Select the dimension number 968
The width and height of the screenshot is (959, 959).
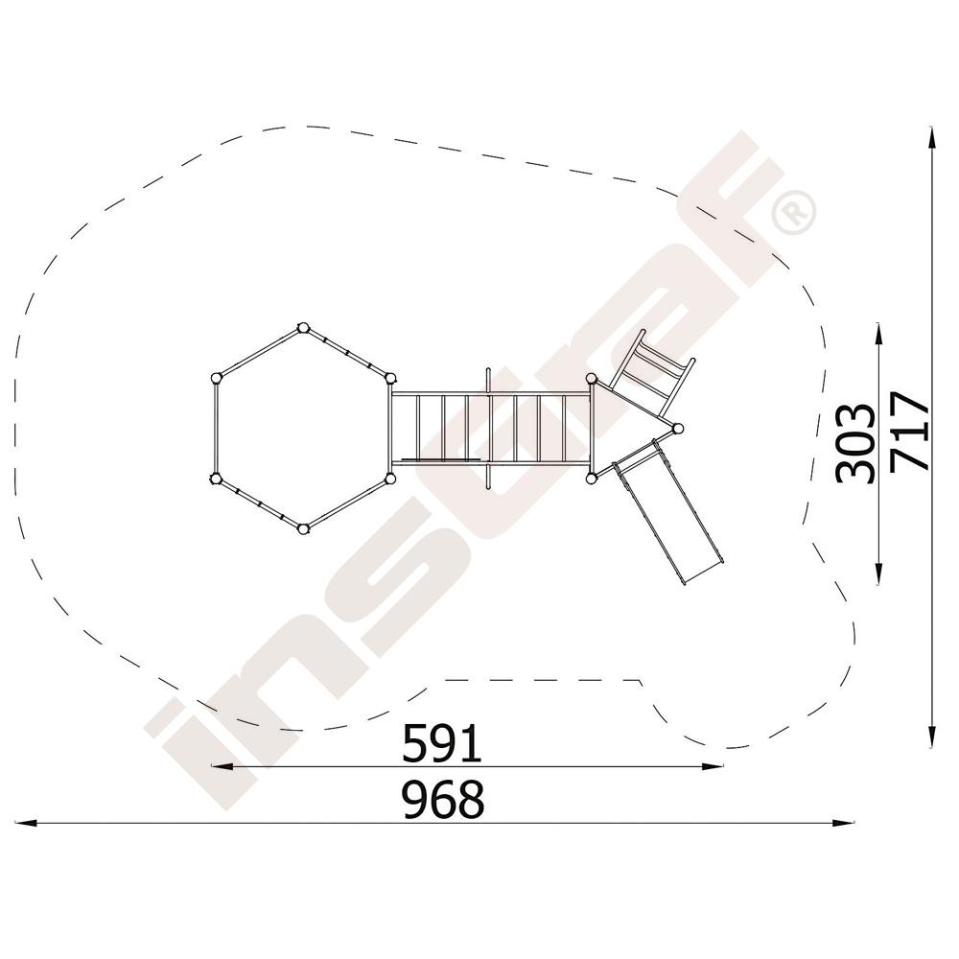click(x=444, y=799)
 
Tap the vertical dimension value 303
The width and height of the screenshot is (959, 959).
click(x=856, y=443)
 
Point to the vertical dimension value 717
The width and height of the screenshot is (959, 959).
click(x=909, y=433)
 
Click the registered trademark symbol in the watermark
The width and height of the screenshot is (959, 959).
click(x=794, y=212)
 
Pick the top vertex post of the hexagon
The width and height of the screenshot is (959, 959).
click(x=302, y=328)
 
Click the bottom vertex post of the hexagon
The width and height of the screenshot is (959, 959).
click(x=302, y=528)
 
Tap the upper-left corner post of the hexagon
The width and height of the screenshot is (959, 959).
click(x=215, y=378)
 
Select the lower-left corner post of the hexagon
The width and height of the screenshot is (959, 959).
click(x=215, y=479)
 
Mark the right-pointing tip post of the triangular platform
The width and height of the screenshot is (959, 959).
click(x=678, y=428)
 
